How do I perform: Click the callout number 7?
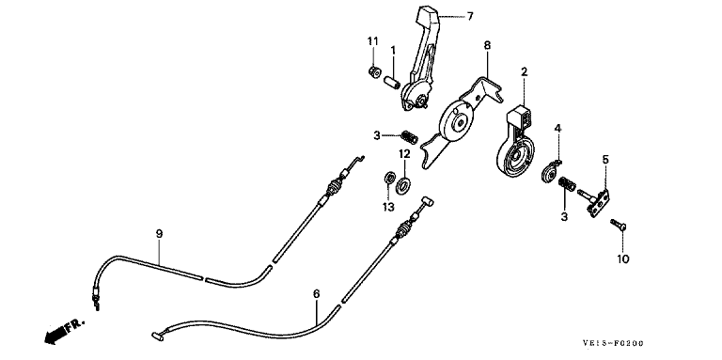click(x=470, y=17)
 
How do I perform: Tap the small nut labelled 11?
click(x=375, y=72)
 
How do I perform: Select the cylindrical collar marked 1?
click(x=392, y=84)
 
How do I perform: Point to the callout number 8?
click(x=487, y=45)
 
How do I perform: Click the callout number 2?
click(x=525, y=71)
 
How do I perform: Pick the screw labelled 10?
click(x=618, y=225)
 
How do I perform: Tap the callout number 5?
click(x=605, y=160)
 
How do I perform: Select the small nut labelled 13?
click(x=389, y=177)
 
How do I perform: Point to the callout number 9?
click(x=159, y=234)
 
